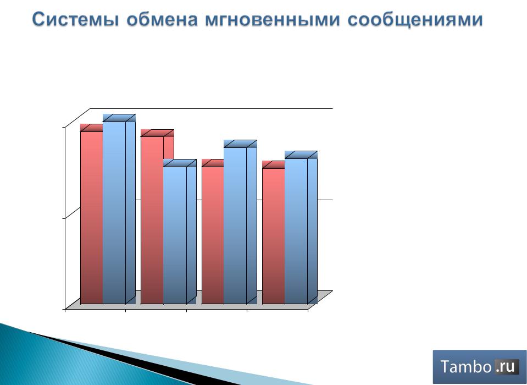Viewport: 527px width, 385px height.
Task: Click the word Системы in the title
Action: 75,19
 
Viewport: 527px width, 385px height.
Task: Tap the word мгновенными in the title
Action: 273,19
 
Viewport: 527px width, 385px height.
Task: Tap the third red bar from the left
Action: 213,234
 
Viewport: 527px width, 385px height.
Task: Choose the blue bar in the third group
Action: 240,224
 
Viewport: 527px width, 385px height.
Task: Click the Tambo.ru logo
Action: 480,366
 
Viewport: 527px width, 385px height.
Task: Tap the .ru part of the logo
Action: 505,366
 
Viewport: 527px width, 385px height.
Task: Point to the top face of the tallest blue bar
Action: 119,118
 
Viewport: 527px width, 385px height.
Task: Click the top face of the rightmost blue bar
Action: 301,155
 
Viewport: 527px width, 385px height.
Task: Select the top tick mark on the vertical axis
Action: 64,127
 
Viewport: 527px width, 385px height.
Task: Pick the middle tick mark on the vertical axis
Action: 64,218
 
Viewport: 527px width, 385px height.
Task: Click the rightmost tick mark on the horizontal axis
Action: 308,311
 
